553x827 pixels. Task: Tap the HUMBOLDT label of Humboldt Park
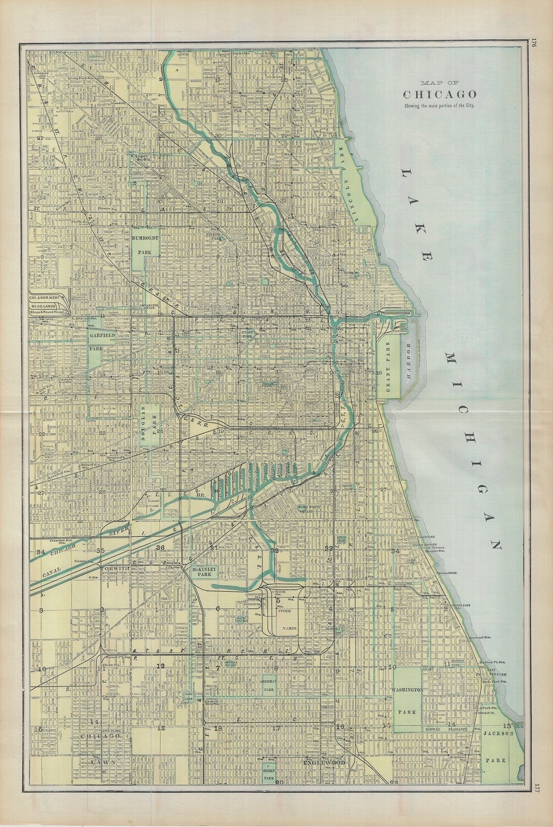145,237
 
